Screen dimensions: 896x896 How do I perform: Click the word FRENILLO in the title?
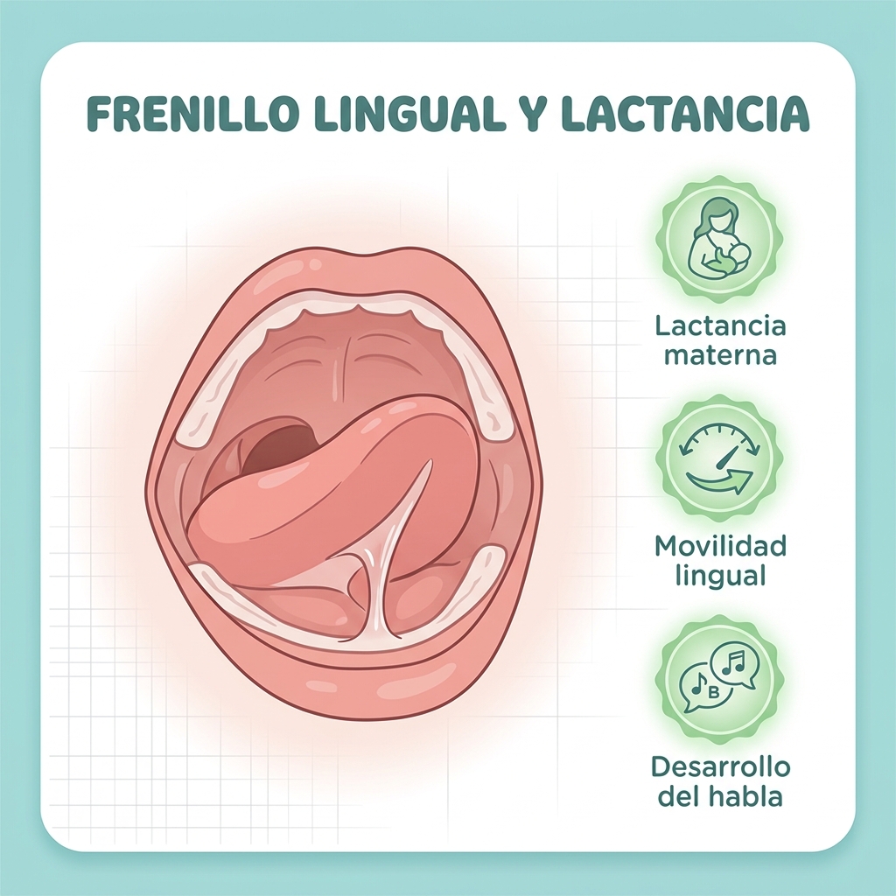pyautogui.click(x=193, y=114)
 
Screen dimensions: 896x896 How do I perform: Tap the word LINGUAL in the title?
pyautogui.click(x=411, y=114)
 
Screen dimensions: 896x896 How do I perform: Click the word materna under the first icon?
pyautogui.click(x=720, y=355)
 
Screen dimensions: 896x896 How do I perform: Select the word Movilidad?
pyautogui.click(x=720, y=546)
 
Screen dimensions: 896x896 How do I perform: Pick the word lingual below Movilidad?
pyautogui.click(x=720, y=576)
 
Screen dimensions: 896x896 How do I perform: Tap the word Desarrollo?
pyautogui.click(x=720, y=766)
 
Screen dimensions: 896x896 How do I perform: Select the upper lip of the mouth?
pyautogui.click(x=343, y=269)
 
